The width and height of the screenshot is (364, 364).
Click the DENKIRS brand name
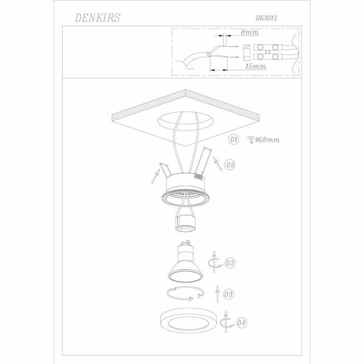[98, 18]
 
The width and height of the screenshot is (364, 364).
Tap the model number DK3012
[266, 18]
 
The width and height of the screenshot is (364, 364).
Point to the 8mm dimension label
[250, 32]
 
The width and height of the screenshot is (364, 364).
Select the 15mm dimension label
[256, 67]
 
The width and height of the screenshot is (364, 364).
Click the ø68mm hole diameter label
[267, 140]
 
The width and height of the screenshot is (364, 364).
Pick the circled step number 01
[233, 139]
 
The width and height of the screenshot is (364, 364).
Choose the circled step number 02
[230, 263]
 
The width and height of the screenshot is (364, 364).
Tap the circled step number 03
[228, 294]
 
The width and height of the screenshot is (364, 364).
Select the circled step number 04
[241, 323]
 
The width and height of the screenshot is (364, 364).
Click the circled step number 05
[230, 165]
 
